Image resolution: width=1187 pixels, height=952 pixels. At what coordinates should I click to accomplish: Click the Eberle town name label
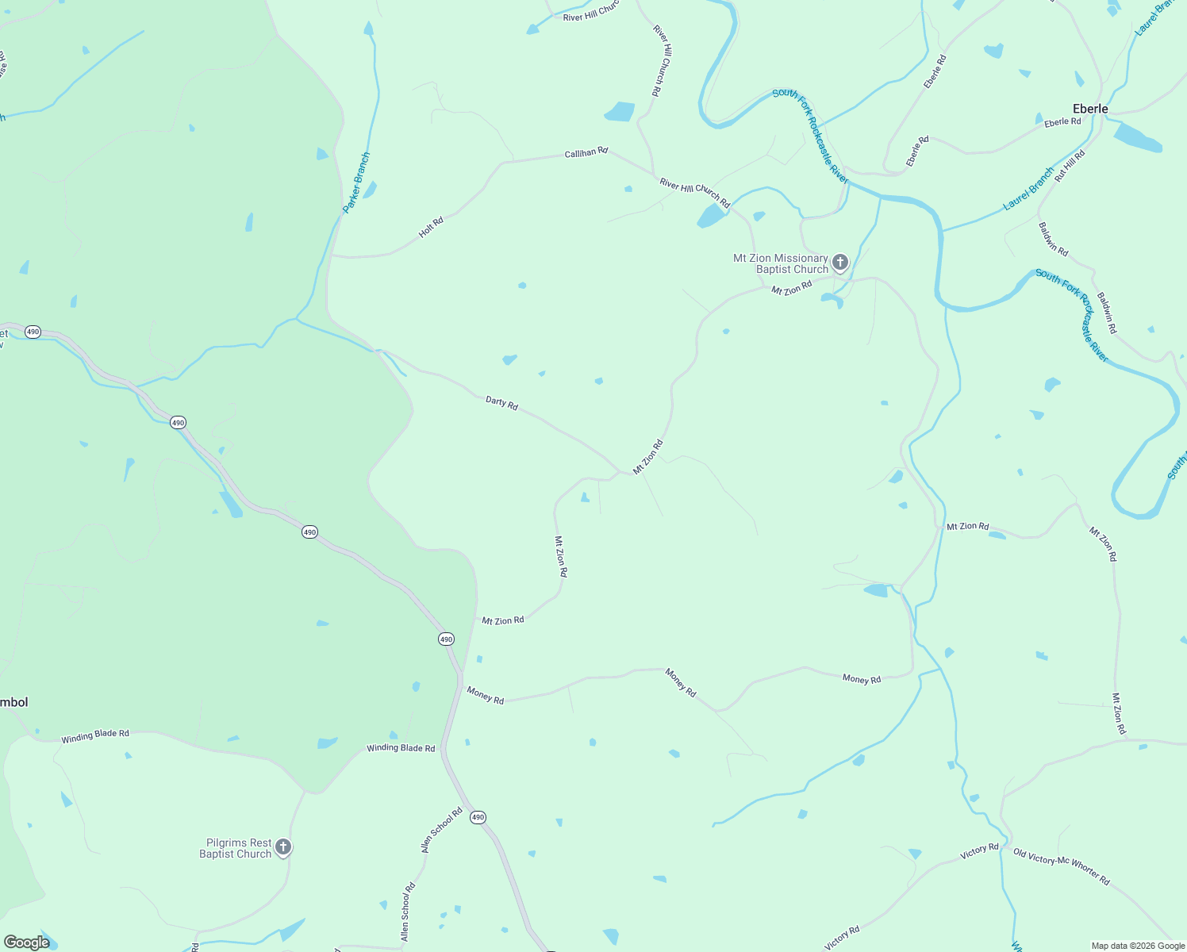coord(1089,109)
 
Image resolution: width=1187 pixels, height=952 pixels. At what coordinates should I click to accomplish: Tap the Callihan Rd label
coord(586,152)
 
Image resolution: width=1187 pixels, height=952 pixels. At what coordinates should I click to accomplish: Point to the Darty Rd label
coord(501,403)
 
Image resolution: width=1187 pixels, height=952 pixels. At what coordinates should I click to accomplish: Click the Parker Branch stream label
coord(356,182)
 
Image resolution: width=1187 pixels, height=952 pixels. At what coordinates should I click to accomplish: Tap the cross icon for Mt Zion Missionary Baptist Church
coord(839,263)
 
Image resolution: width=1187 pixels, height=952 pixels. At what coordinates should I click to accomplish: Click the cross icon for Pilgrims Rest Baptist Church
coord(283,847)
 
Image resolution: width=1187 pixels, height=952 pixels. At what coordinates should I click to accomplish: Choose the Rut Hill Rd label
coord(1069,166)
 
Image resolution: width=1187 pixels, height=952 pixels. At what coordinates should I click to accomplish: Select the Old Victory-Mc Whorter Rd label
coord(1061,866)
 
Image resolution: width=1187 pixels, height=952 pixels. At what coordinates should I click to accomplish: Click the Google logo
coord(26,942)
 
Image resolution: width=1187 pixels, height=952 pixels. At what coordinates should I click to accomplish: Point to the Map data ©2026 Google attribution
coord(1137,946)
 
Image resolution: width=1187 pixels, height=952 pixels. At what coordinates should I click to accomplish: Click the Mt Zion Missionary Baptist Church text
coord(781,263)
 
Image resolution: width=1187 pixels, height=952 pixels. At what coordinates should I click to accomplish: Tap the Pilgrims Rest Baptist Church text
coord(236,848)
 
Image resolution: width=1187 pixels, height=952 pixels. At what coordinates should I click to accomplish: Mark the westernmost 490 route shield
coord(33,332)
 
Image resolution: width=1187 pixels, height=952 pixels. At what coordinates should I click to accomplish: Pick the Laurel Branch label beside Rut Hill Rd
coord(1028,189)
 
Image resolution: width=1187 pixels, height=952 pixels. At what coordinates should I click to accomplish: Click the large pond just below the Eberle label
coord(1137,137)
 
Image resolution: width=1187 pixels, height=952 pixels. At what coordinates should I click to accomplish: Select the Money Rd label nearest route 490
coord(486,696)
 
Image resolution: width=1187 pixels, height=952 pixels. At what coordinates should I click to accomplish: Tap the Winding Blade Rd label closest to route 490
coord(401,748)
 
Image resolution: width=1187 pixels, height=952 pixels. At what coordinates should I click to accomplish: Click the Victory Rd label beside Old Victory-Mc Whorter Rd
coord(979,852)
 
